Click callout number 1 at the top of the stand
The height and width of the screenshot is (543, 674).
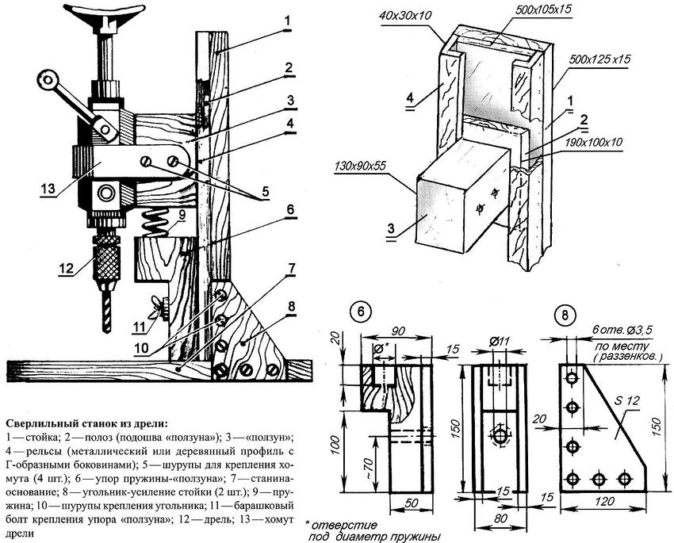(x=289, y=20)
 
